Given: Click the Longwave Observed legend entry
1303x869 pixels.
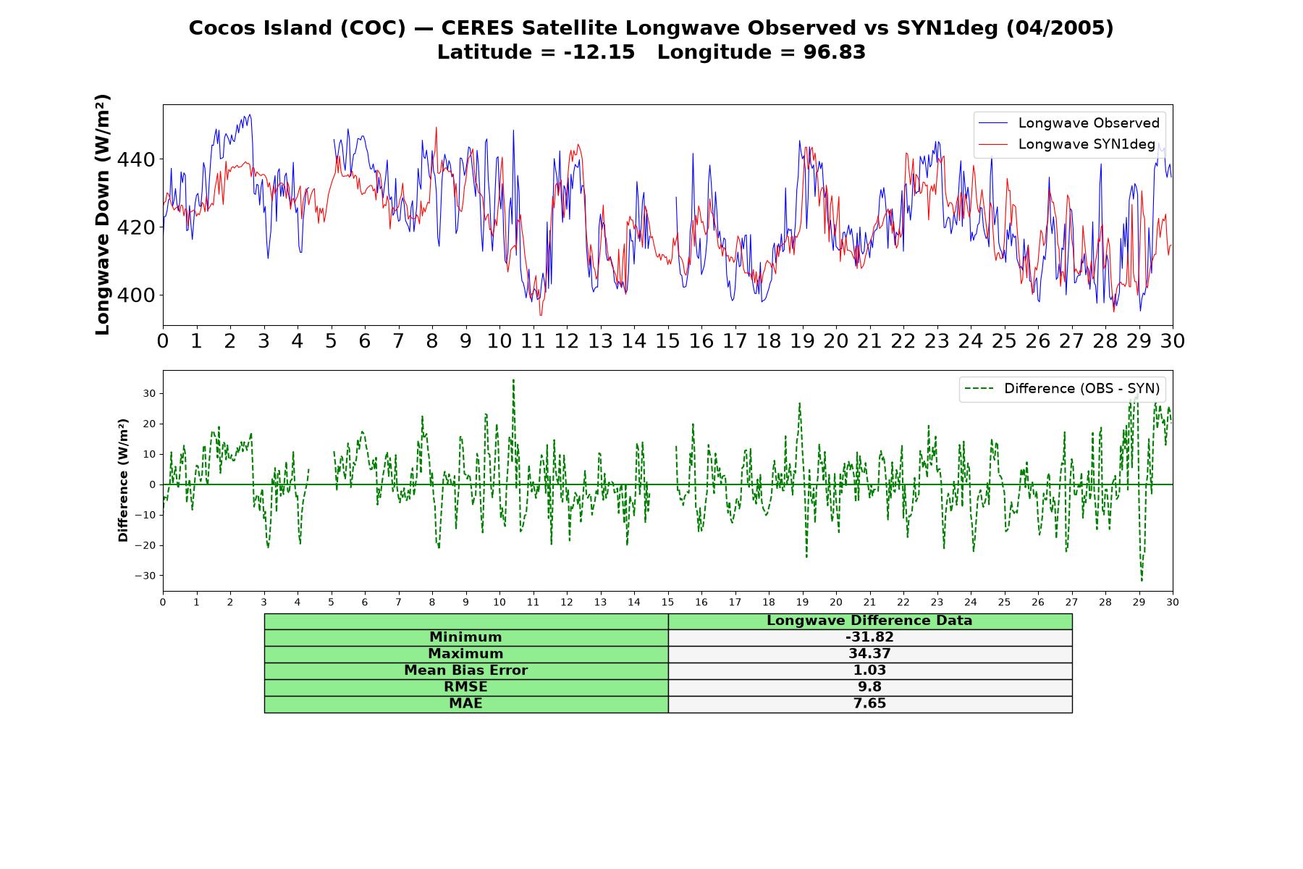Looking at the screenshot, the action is [x=1068, y=123].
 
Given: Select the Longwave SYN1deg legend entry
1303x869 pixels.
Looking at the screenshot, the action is [x=1066, y=144].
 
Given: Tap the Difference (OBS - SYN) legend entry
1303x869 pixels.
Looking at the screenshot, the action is [x=1062, y=389].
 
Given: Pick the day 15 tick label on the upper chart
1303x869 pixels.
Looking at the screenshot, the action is [x=667, y=340].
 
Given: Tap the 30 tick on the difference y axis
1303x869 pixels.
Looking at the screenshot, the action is [x=150, y=393].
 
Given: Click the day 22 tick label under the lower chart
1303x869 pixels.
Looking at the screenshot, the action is [x=903, y=603].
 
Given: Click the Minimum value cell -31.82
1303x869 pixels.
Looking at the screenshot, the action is [x=869, y=637].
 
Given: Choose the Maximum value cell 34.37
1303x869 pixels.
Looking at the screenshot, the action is [x=869, y=654].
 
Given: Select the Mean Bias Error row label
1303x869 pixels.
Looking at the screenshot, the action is [x=465, y=671].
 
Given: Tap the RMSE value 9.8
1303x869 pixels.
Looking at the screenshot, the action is [x=869, y=687].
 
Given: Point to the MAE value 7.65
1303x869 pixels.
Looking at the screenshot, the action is [x=869, y=704].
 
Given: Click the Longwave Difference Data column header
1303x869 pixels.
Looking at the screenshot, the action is [x=869, y=621].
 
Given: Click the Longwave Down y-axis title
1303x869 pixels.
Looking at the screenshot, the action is [x=102, y=214].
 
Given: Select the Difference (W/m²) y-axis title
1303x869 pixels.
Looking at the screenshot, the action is [x=123, y=480].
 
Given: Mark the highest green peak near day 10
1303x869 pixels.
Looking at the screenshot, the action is [x=513, y=379].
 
